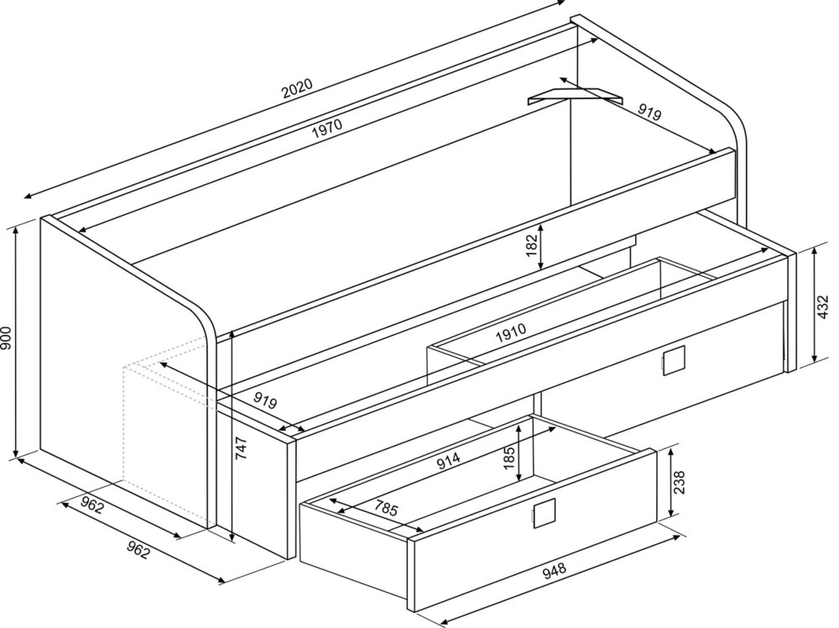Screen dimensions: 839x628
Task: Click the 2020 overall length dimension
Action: (296, 88)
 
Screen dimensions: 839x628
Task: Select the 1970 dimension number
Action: (326, 128)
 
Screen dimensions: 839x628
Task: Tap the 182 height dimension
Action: (531, 244)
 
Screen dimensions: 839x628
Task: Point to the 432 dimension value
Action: (823, 306)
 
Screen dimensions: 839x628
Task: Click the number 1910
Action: (511, 332)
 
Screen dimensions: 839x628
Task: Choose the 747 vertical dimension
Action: (242, 448)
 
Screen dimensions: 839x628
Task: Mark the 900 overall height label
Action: (6, 338)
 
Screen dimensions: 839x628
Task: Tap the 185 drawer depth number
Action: (509, 458)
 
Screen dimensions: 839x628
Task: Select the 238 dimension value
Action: (679, 482)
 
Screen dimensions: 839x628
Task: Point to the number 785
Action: (386, 507)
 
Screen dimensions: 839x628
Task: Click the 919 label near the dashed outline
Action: (265, 400)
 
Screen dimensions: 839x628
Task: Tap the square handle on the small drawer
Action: (545, 514)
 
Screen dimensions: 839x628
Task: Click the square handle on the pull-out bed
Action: (673, 360)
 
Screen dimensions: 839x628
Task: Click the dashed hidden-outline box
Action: (166, 444)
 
